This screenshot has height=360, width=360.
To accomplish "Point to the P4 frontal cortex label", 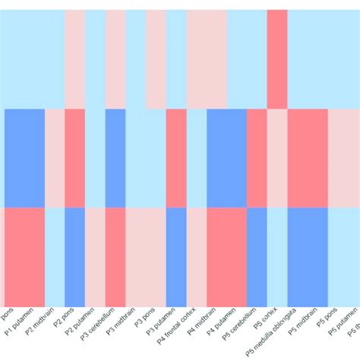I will point(180,327).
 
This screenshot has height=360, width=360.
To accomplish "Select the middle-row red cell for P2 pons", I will point(74,158).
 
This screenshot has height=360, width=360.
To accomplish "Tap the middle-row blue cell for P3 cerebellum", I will point(115,158).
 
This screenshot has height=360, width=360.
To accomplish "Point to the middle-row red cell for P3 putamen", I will point(176,158).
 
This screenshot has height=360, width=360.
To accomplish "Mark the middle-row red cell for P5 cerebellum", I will point(257,158).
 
